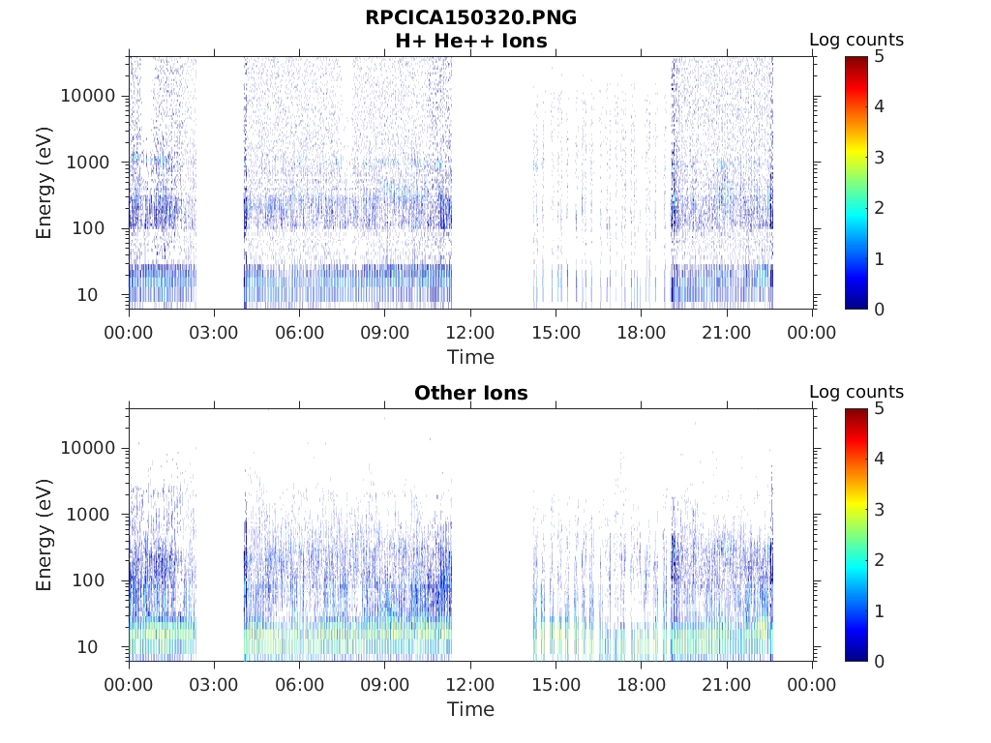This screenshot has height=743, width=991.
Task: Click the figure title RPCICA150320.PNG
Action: (x=470, y=17)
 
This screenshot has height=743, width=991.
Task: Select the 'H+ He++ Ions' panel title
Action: (x=470, y=41)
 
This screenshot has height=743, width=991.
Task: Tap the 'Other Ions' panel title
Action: (x=470, y=393)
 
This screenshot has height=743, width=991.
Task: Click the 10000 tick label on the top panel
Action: (x=87, y=96)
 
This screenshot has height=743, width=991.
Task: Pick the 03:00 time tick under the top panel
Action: (x=214, y=333)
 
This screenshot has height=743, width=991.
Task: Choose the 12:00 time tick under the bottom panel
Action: (x=470, y=685)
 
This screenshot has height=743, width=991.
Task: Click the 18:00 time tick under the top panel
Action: (x=641, y=333)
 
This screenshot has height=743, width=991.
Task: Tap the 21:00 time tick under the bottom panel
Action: (x=726, y=685)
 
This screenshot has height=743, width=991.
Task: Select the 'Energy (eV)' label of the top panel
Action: (x=45, y=183)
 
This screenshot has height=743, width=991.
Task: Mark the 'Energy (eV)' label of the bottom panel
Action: (x=45, y=535)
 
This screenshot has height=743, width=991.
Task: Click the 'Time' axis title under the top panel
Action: (x=470, y=357)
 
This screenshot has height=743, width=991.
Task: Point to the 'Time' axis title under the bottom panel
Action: (x=470, y=709)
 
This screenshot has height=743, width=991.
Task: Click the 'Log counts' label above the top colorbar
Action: (x=856, y=40)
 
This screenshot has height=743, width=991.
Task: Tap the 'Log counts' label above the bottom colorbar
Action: (x=856, y=392)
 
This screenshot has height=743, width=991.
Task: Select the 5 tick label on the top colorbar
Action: (x=879, y=57)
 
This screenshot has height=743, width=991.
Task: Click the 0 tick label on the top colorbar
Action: (x=879, y=309)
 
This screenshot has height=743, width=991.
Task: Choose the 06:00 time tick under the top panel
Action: (x=299, y=333)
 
